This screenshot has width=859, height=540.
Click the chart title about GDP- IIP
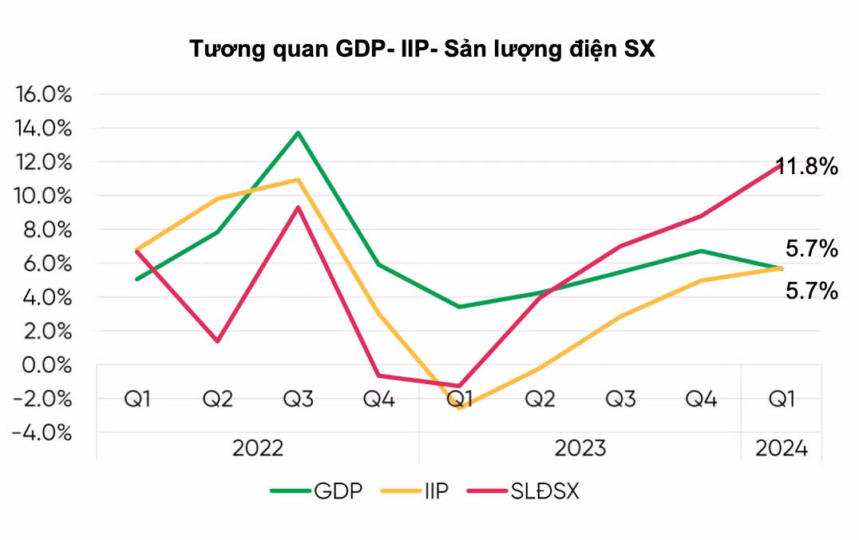pyautogui.click(x=422, y=50)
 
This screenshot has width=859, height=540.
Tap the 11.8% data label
pyautogui.click(x=809, y=167)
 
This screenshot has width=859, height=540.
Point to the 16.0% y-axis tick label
pyautogui.click(x=44, y=94)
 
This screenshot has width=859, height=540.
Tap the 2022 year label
pyautogui.click(x=258, y=447)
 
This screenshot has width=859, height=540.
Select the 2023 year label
pyautogui.click(x=580, y=447)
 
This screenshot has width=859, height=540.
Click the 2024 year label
pyautogui.click(x=781, y=447)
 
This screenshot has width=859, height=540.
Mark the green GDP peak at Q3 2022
pyautogui.click(x=299, y=133)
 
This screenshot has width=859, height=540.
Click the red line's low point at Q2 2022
pyautogui.click(x=218, y=341)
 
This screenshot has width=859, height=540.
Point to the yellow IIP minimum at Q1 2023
pyautogui.click(x=460, y=407)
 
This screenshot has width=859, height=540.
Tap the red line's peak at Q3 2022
pyautogui.click(x=299, y=208)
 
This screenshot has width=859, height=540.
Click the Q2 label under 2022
pyautogui.click(x=217, y=398)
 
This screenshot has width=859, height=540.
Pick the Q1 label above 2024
pyautogui.click(x=781, y=398)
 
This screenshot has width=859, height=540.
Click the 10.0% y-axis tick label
pyautogui.click(x=44, y=196)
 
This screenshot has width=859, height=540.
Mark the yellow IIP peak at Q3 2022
pyautogui.click(x=299, y=180)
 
